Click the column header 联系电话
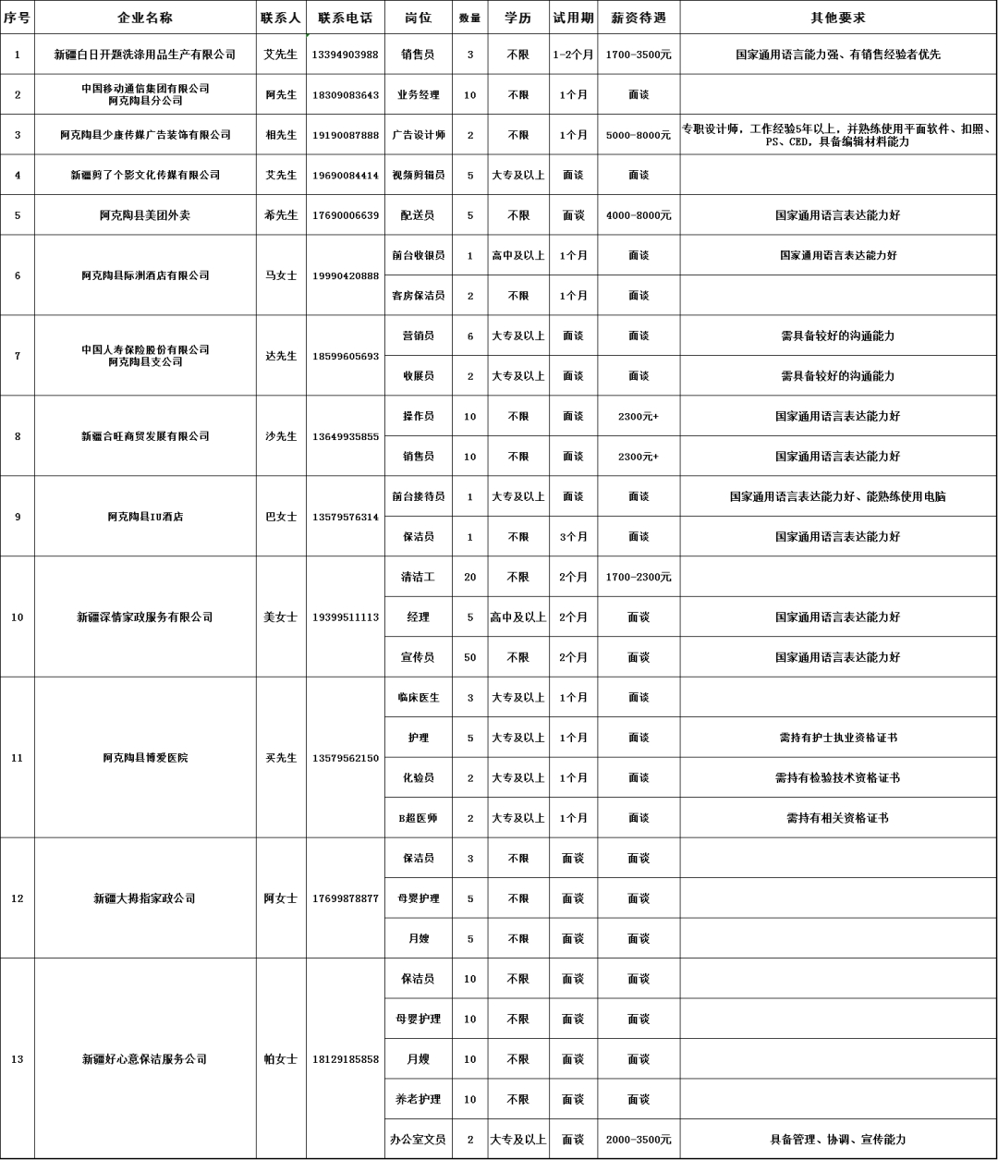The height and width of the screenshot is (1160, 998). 345,18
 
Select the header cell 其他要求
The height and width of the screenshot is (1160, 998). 838,18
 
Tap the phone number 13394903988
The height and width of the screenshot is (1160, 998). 345,55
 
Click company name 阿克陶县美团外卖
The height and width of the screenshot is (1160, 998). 145,215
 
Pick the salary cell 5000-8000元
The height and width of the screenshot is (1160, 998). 639,135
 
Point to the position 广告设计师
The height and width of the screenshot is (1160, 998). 418,135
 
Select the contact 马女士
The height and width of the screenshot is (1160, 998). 281,275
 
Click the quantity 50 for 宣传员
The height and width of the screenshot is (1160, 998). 469,657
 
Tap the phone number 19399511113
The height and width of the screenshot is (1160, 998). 345,617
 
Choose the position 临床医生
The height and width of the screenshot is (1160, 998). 418,698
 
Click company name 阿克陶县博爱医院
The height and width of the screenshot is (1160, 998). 145,758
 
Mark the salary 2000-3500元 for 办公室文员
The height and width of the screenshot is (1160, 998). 639,1140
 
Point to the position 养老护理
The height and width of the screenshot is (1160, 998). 418,1099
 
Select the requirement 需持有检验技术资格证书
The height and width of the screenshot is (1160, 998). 838,778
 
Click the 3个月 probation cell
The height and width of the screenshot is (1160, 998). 573,537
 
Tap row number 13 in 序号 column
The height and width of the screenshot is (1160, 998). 18,1059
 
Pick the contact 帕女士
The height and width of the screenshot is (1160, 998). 281,1059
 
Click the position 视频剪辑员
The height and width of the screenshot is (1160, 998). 418,175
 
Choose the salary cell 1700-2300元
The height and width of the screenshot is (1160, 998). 639,577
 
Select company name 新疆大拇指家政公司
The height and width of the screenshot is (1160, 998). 145,898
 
